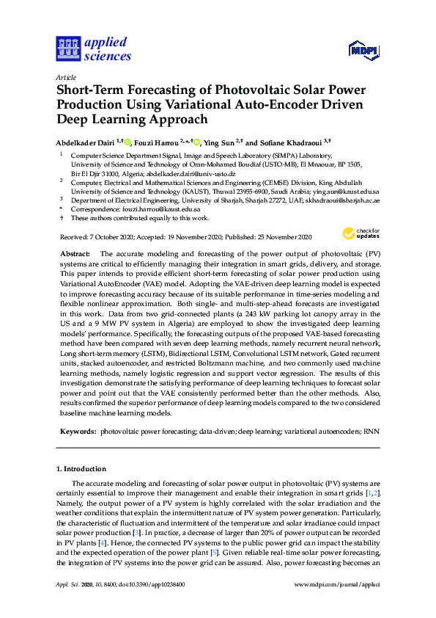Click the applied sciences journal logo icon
[x=67, y=49]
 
